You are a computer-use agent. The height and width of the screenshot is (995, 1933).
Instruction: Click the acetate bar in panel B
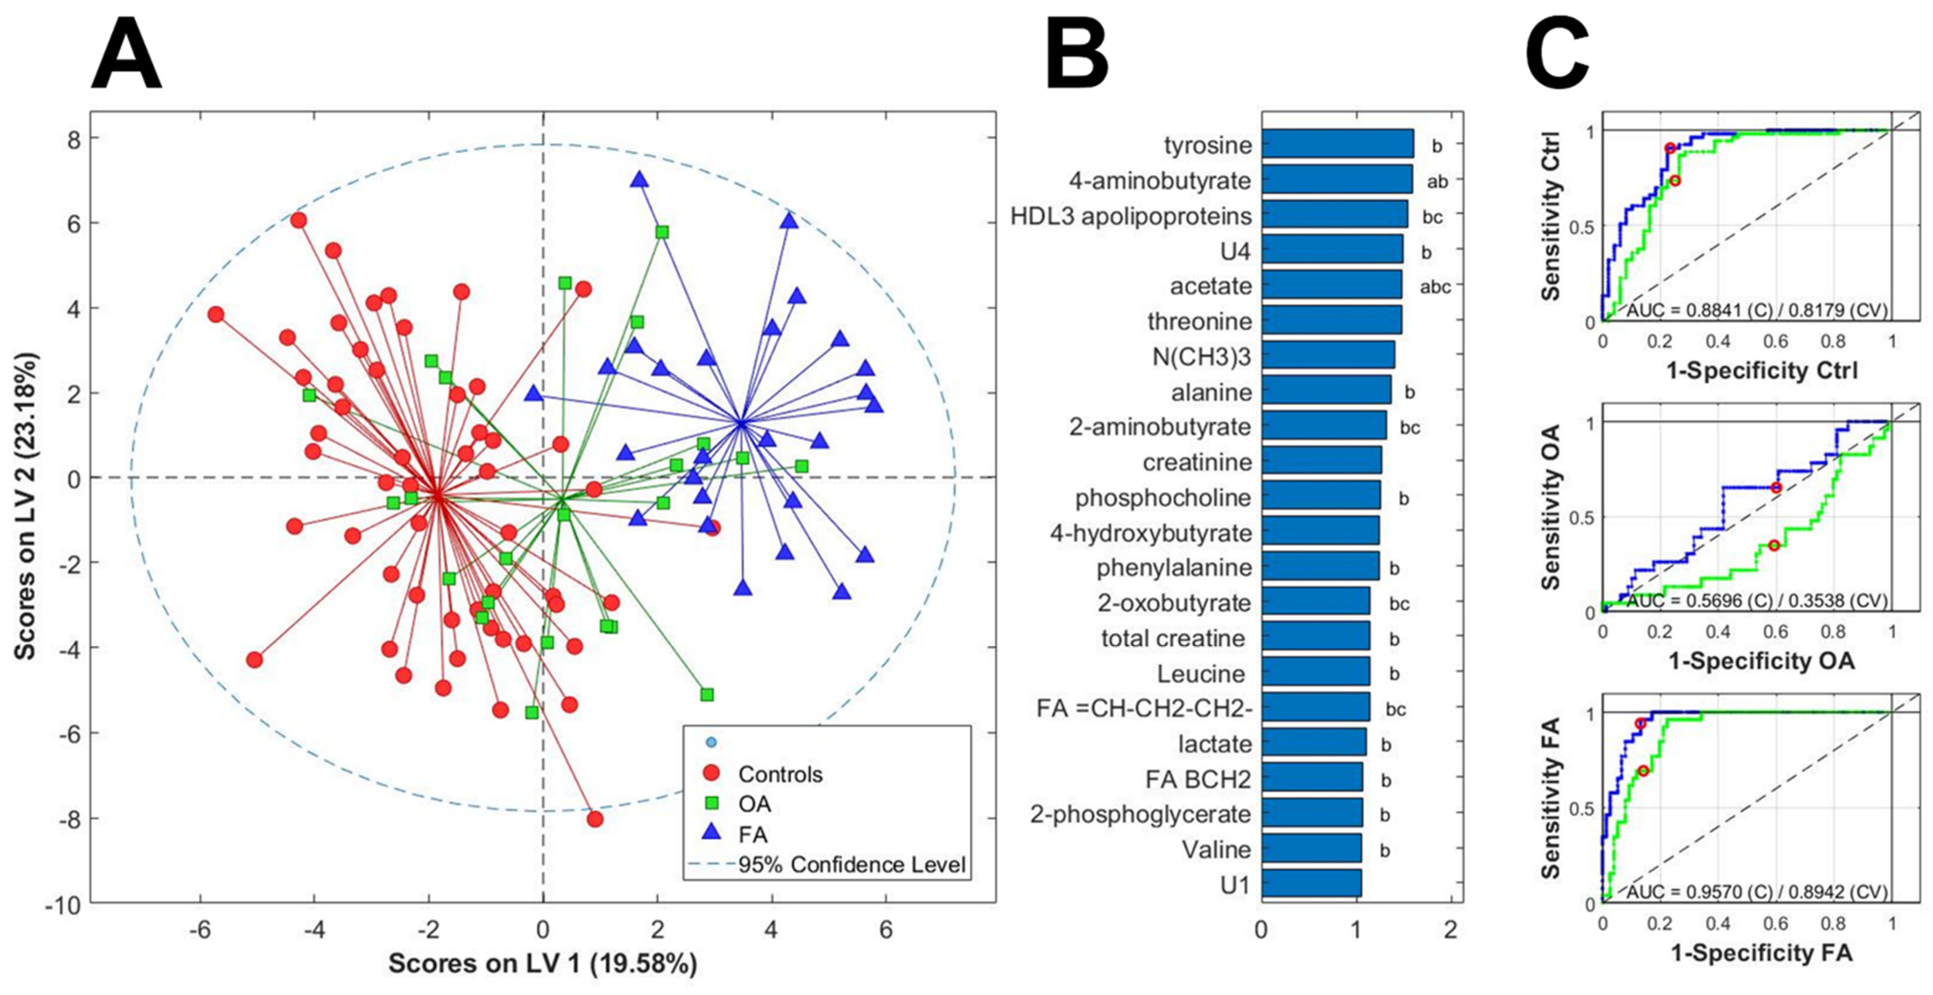point(1331,285)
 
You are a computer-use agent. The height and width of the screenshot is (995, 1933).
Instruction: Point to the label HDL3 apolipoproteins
point(1130,216)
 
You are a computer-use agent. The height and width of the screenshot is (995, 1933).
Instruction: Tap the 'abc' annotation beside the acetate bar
point(1435,286)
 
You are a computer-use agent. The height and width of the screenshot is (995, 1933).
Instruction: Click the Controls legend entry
point(780,775)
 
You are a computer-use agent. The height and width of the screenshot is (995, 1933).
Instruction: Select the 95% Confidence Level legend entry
point(851,864)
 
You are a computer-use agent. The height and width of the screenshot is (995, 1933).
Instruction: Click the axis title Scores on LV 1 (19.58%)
point(542,963)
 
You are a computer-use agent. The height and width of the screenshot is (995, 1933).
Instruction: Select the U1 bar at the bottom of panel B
point(1311,883)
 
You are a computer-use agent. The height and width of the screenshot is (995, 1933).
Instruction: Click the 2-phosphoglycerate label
point(1140,814)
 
